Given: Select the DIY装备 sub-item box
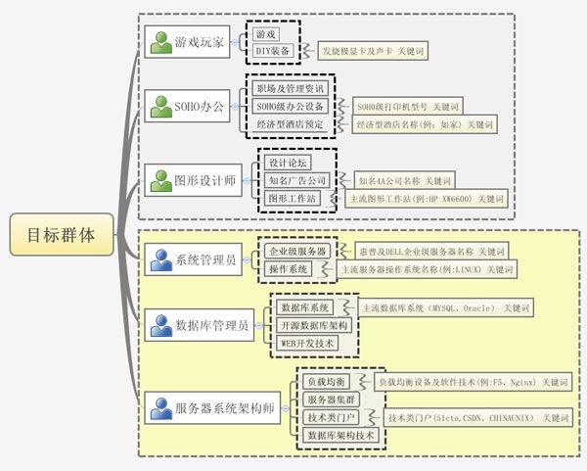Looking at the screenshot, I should point(273,50).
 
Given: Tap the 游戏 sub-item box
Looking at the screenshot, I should point(265,33).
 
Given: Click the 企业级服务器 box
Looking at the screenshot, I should point(297,252).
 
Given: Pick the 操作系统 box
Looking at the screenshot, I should point(289,268).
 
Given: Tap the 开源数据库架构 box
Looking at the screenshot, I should point(312,326).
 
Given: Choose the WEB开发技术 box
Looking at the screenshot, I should point(307,344).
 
